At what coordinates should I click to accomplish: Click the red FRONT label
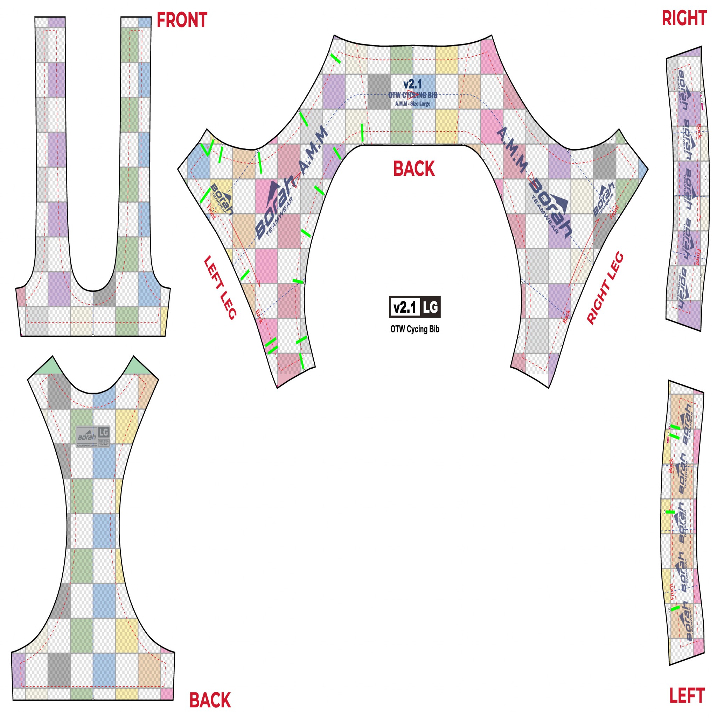point(182,20)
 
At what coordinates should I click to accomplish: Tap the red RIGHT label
point(684,19)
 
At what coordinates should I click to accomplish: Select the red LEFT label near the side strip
point(687,696)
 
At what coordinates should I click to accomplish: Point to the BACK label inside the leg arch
point(414,169)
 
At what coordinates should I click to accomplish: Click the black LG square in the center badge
point(430,307)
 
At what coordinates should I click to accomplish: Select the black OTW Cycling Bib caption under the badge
point(415,329)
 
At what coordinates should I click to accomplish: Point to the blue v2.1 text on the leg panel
point(413,84)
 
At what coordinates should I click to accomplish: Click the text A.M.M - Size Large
point(413,104)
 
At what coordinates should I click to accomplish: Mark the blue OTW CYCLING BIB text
point(413,95)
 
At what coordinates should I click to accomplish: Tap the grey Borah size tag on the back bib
point(93,436)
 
